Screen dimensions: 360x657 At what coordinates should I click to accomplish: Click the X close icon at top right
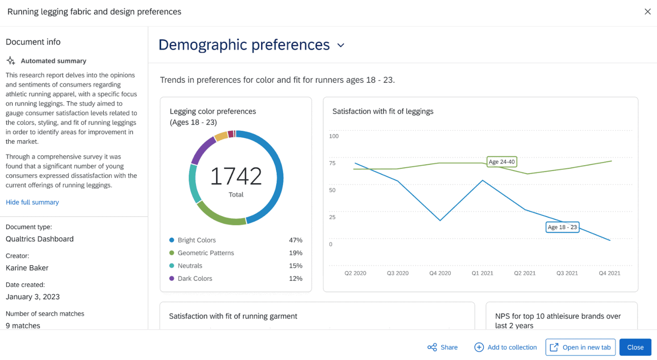coord(647,12)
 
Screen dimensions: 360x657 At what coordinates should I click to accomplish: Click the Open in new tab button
coord(580,347)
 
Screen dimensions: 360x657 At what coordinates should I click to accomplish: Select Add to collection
coord(505,347)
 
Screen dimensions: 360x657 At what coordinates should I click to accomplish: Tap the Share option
coord(442,347)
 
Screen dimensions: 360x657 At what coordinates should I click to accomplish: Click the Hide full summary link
coord(32,202)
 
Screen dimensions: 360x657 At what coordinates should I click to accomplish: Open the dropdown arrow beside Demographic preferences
coord(341,46)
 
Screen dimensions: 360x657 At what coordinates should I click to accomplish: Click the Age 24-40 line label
coord(502,162)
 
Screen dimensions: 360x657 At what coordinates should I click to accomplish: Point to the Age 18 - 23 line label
coord(562,227)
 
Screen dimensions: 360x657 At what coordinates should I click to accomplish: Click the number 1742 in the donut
coord(236,176)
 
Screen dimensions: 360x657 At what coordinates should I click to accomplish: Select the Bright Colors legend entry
coord(196,240)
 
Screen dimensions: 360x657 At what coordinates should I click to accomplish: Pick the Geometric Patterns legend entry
coord(205,253)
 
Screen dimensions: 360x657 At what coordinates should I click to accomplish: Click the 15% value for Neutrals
coord(295,266)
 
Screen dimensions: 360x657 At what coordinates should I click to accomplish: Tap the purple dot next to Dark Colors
coord(171,279)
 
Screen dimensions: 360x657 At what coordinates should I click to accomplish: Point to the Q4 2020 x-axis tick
coord(440,273)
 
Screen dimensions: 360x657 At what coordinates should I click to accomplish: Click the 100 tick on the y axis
coord(334,136)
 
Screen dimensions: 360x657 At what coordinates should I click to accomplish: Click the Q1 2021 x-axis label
coord(482,273)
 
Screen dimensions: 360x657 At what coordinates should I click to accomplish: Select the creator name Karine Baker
coord(27,268)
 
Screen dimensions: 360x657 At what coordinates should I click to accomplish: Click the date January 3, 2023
coord(33,297)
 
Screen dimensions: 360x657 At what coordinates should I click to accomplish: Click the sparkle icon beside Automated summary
coord(11,61)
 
